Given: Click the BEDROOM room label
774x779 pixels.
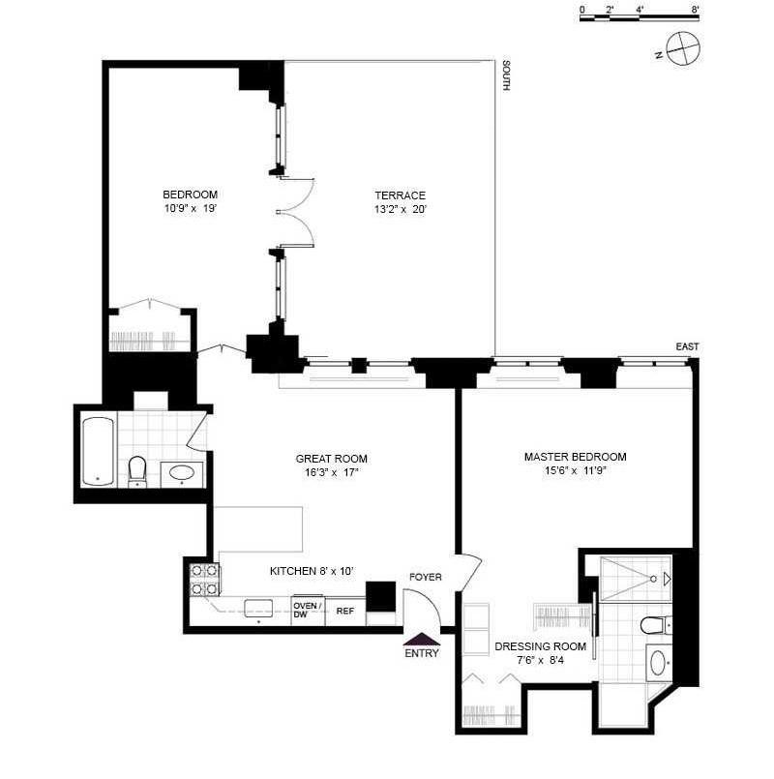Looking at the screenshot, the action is [x=190, y=195].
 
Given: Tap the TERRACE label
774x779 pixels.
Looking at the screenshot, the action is [x=400, y=195].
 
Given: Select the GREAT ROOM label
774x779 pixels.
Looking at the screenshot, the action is [x=331, y=459].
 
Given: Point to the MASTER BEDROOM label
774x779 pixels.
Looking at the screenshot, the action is [x=576, y=457].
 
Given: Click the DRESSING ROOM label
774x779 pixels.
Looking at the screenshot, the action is [x=541, y=646].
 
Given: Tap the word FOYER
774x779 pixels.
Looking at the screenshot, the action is [x=426, y=577].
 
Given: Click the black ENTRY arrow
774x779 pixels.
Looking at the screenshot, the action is [x=421, y=639].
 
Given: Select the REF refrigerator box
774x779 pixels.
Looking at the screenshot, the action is [x=345, y=611].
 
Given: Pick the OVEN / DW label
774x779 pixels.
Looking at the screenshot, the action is [x=308, y=610].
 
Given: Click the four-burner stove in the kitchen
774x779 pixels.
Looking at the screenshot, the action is [x=205, y=580].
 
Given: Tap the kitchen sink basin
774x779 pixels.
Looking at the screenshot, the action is [x=258, y=608].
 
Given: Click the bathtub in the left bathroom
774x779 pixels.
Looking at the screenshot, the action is [x=98, y=451].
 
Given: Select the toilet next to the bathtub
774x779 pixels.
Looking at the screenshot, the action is [x=137, y=471].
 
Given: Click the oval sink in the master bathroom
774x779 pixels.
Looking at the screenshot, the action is [x=658, y=663].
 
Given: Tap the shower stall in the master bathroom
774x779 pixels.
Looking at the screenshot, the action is [x=636, y=579].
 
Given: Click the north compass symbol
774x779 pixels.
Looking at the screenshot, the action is [x=683, y=48].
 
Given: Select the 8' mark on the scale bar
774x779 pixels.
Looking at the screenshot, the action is [x=695, y=10].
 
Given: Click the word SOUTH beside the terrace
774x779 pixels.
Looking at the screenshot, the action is [x=506, y=75].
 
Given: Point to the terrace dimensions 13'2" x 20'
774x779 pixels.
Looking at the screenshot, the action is [x=400, y=209].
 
